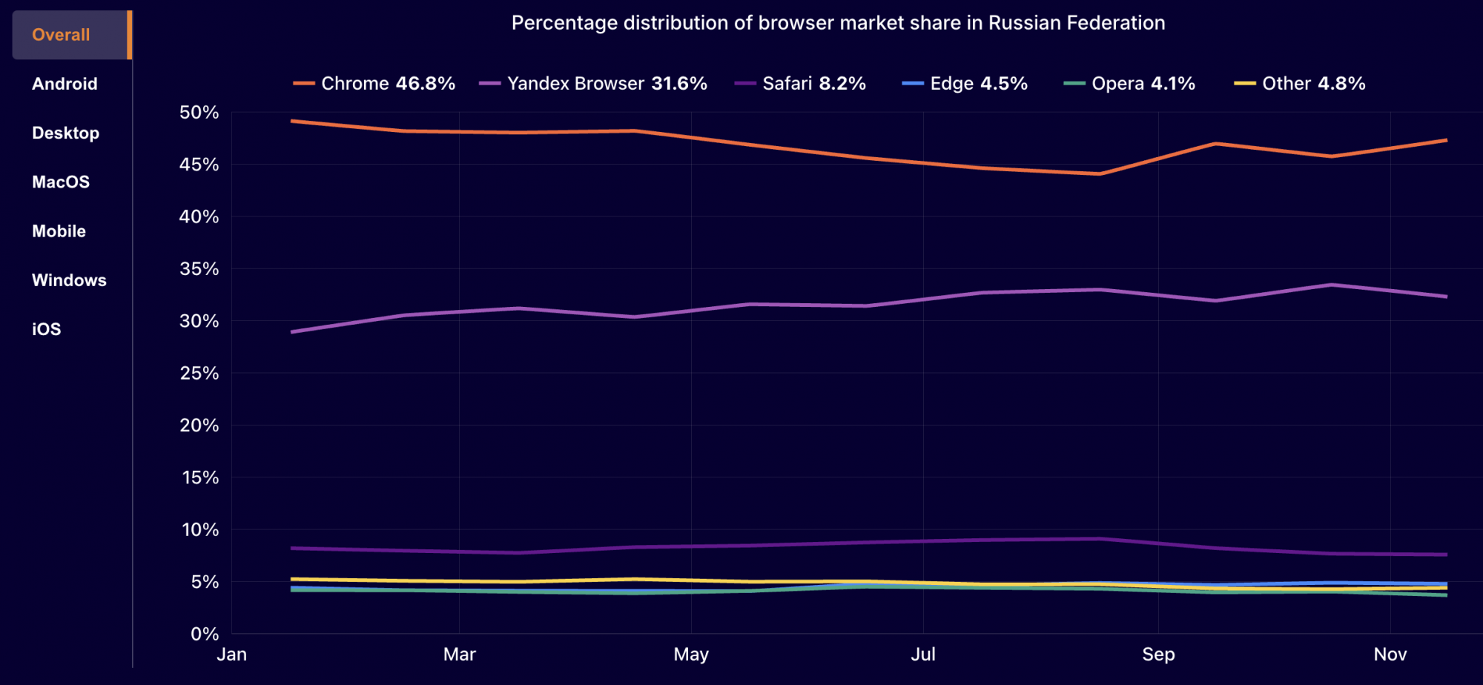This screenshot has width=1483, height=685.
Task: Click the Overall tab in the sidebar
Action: (x=61, y=35)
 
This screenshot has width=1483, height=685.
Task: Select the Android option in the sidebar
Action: (x=65, y=84)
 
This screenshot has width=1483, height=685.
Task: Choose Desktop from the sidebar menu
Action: (x=65, y=133)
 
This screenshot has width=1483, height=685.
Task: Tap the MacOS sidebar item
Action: (x=61, y=182)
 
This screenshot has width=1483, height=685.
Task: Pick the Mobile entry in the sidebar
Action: (x=59, y=231)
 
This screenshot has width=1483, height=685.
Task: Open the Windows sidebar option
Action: (x=69, y=280)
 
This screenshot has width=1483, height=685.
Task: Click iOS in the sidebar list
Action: (x=46, y=329)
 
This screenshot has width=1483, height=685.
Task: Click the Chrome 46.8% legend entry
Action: (x=374, y=84)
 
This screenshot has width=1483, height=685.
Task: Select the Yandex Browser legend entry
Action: (x=593, y=84)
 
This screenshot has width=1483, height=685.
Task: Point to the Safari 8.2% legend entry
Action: (x=801, y=84)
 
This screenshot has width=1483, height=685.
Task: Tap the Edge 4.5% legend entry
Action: (x=965, y=84)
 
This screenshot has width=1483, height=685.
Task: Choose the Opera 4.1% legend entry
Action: (x=1129, y=84)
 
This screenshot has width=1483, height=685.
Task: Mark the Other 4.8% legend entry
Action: (x=1300, y=84)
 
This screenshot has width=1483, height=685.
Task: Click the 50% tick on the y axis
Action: (x=199, y=113)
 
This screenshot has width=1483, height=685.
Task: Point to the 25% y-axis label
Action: (x=199, y=374)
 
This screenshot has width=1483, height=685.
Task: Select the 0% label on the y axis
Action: (x=204, y=634)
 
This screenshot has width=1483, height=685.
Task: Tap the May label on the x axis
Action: (x=691, y=655)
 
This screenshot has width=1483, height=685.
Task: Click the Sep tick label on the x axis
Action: (x=1158, y=655)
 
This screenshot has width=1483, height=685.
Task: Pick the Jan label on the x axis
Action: (x=231, y=655)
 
